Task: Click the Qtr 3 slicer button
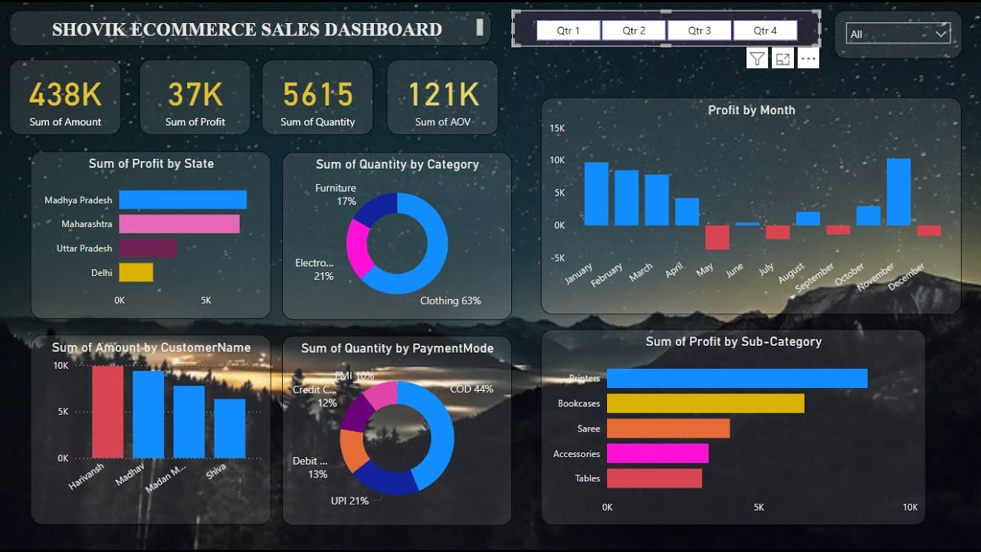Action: pos(699,31)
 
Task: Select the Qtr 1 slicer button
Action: pos(568,31)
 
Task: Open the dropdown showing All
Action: pos(898,34)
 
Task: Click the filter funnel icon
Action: pos(756,59)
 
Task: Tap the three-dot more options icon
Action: pos(808,59)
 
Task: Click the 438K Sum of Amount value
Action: pos(65,95)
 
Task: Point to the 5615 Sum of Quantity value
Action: pos(317,95)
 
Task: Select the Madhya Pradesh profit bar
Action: pos(182,200)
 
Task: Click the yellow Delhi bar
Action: pos(136,272)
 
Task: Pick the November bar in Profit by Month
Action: pos(898,192)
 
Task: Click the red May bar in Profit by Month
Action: pos(717,237)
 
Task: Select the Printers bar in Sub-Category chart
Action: pos(737,379)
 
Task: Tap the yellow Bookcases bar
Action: pos(705,403)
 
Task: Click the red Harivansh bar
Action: pos(107,412)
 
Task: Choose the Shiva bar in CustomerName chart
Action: pos(229,429)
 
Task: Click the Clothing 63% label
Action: pos(450,301)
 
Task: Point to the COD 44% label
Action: pos(471,389)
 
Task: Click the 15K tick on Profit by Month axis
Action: pos(557,128)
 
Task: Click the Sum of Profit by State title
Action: pos(151,163)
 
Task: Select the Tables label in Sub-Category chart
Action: pos(587,478)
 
